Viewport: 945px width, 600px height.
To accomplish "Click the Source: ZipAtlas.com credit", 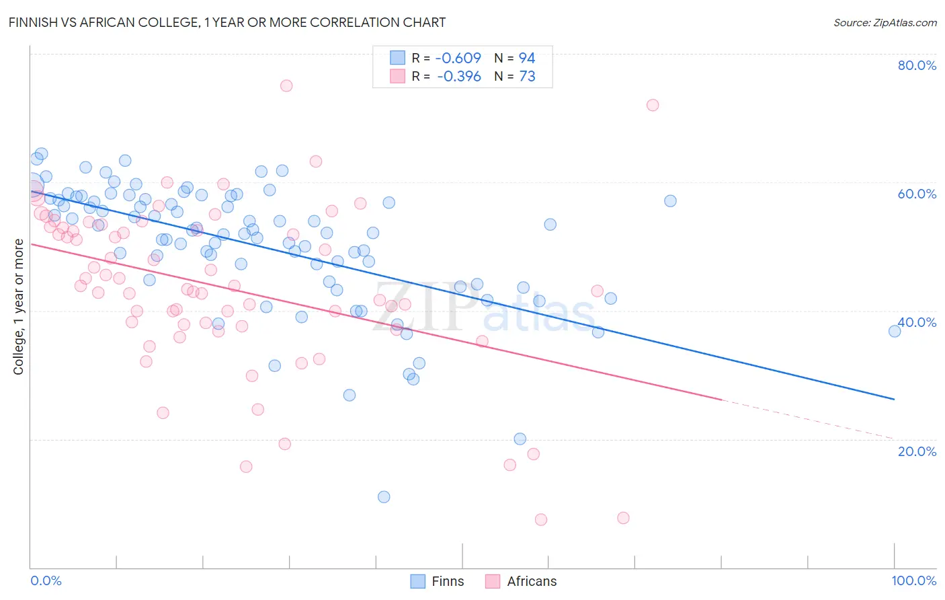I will (885, 23).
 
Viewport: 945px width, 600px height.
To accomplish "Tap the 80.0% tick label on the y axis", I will (917, 65).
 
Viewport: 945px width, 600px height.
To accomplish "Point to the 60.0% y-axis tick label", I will (917, 194).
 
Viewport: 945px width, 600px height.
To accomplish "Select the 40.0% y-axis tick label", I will (917, 322).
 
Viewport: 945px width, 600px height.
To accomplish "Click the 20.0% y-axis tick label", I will (917, 451).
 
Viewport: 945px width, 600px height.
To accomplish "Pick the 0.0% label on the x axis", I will (46, 580).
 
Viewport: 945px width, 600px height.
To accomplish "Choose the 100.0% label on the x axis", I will (913, 580).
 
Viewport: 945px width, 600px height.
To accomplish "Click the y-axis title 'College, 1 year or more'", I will (19, 307).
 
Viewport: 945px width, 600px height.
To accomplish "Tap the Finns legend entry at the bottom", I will (438, 581).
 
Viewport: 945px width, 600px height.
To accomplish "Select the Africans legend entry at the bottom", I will (522, 581).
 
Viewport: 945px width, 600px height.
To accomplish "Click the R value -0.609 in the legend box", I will (459, 58).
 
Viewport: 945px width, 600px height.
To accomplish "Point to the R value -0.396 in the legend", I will (459, 77).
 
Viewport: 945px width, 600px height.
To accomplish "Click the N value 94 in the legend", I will (527, 58).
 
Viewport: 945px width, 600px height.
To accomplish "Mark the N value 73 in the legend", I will (527, 77).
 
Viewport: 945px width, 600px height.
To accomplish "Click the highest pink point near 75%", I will (286, 85).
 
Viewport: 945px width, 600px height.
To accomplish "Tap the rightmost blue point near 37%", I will (895, 331).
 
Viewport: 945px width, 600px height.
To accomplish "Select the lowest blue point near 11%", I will (384, 497).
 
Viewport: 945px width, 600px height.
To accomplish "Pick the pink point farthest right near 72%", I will (653, 105).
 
